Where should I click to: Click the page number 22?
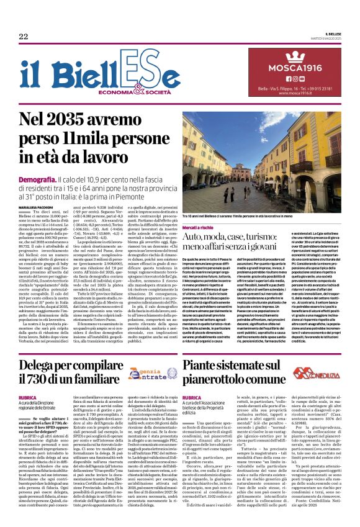[24, 37]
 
